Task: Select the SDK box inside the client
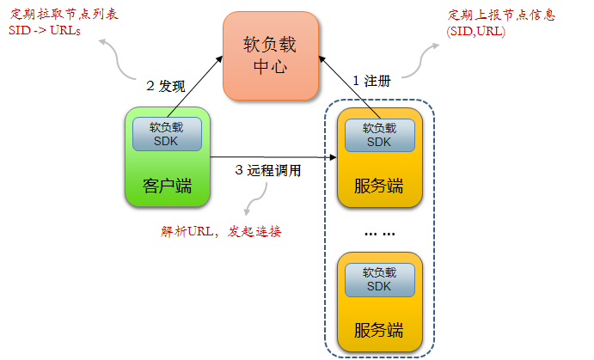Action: [168, 133]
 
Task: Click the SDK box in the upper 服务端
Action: [379, 133]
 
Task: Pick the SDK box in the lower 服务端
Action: [379, 278]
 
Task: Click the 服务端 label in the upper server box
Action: [379, 185]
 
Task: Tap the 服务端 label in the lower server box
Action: [379, 329]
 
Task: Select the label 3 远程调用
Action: [268, 170]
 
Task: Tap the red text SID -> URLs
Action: [45, 31]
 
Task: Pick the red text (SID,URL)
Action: [475, 31]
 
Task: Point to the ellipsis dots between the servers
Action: [379, 233]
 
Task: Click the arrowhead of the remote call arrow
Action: [333, 157]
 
